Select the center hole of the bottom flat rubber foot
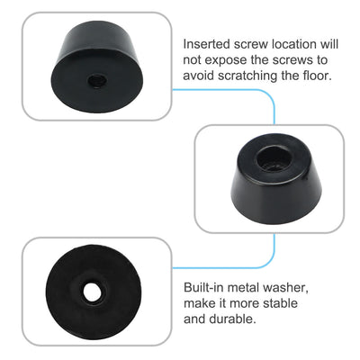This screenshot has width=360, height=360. pos(91,292)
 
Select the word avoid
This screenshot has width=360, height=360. pos(201,76)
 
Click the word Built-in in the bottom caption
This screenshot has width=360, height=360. pos(205,286)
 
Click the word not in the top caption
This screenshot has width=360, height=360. pos(193,59)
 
